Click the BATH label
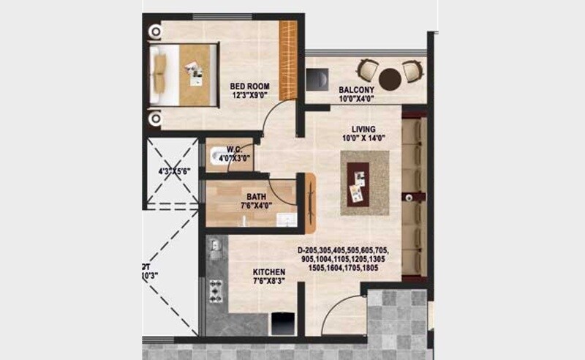256,196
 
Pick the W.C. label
234,147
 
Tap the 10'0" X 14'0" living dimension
364,138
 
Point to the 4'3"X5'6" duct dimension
175,173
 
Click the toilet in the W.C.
217,155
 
